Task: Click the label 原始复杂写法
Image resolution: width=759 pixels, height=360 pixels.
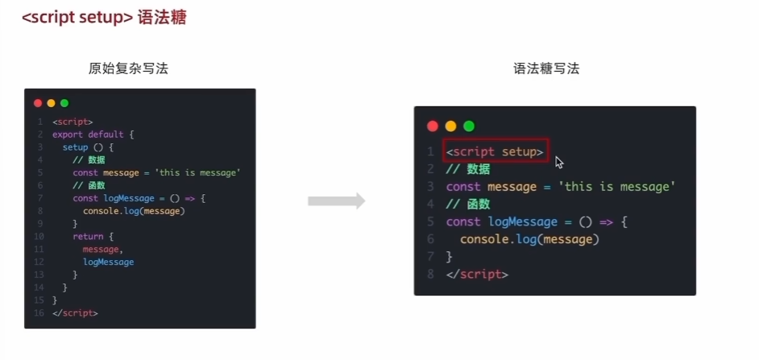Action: click(x=129, y=69)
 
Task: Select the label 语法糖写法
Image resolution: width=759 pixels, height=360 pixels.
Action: click(x=546, y=69)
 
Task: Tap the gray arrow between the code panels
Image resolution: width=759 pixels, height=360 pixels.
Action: click(x=336, y=201)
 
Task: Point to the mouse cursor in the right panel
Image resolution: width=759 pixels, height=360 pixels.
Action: click(x=558, y=162)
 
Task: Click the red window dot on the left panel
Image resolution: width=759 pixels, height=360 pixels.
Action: click(x=38, y=103)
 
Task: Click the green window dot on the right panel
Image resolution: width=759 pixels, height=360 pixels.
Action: click(x=469, y=126)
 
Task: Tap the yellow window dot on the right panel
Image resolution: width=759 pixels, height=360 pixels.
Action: click(x=450, y=126)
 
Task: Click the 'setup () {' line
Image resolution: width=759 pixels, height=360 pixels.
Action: click(x=89, y=147)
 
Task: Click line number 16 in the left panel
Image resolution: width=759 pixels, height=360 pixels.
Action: click(x=39, y=312)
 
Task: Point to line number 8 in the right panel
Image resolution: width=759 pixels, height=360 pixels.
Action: click(x=430, y=274)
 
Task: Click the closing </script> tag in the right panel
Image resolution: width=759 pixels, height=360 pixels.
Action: click(x=477, y=274)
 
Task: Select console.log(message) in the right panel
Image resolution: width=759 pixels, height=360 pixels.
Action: click(x=529, y=239)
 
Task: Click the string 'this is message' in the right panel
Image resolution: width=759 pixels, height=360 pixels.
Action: click(x=619, y=187)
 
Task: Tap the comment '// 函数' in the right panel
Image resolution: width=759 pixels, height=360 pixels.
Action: click(x=467, y=205)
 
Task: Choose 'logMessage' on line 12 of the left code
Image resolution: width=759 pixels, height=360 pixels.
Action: click(x=108, y=262)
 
